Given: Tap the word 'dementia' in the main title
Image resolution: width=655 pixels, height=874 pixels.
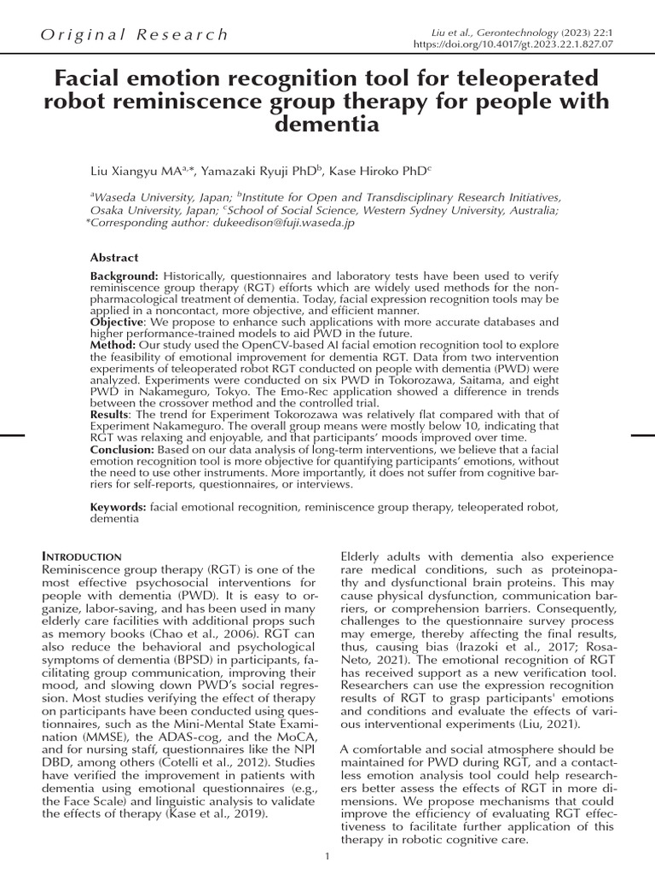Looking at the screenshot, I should pos(327,125).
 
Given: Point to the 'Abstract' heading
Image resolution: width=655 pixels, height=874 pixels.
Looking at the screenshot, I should pos(114,258).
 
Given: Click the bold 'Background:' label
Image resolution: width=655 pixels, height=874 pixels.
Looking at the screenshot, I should pos(125,277).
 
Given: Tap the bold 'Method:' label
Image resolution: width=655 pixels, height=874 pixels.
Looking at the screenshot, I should pos(113,345).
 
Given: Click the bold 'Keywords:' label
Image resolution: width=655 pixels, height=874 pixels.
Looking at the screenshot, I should pos(119,507).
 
